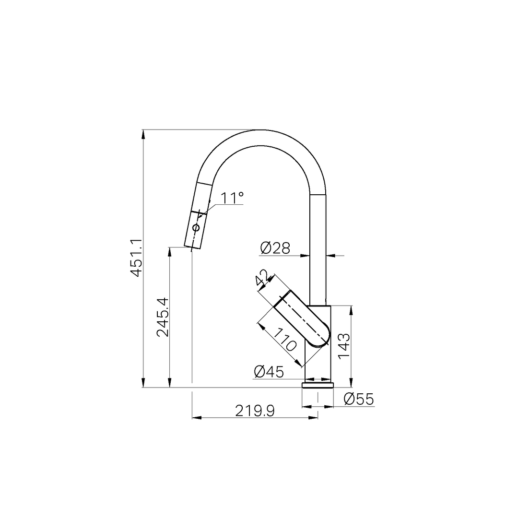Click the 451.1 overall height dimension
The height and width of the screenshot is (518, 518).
click(136, 258)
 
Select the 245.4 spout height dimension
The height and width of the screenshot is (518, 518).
click(163, 317)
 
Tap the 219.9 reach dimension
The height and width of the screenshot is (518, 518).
click(255, 411)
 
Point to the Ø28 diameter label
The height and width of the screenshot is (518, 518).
click(275, 248)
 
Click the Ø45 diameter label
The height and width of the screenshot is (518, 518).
click(269, 372)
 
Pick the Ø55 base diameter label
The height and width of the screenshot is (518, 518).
click(359, 399)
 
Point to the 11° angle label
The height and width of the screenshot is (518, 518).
click(232, 198)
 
